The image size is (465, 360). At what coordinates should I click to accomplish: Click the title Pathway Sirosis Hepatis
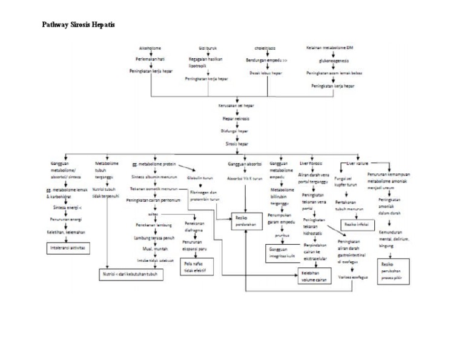(78, 25)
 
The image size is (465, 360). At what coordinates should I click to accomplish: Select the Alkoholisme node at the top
(150, 47)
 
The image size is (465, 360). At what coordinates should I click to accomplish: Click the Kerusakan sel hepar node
(237, 106)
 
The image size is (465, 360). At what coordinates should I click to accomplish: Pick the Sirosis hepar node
(237, 145)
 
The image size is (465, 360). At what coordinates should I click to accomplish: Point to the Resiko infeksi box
(355, 224)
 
